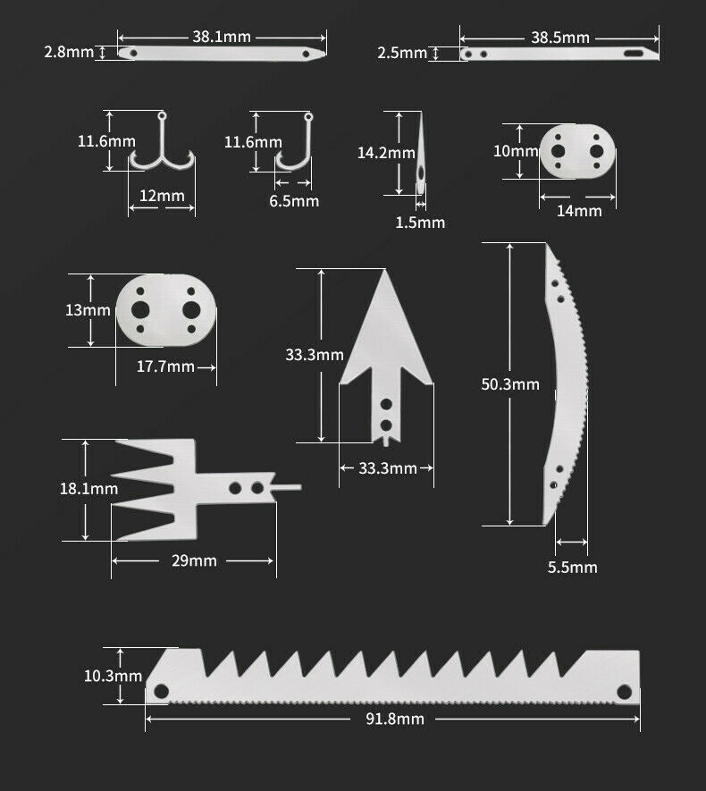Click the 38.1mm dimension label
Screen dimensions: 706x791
coord(222,37)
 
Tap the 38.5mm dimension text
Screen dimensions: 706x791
coord(560,38)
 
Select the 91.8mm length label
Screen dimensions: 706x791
coord(395,719)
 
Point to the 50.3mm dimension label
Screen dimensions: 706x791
coord(510,384)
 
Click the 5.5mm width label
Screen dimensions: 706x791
coord(572,567)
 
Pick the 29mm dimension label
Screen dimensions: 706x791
coord(194,560)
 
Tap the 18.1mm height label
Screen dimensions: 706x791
coord(88,488)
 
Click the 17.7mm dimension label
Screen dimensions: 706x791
coord(165,366)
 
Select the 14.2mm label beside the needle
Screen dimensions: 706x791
coord(386,152)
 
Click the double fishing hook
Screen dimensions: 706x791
coord(162,151)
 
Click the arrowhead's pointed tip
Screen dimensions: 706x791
coord(386,270)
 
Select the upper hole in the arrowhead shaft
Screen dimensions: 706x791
coord(386,404)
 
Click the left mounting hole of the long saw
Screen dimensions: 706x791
coord(162,691)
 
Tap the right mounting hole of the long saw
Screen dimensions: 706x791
coord(625,692)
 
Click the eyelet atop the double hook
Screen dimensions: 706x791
coord(162,115)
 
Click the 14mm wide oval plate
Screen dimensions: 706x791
coord(577,151)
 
